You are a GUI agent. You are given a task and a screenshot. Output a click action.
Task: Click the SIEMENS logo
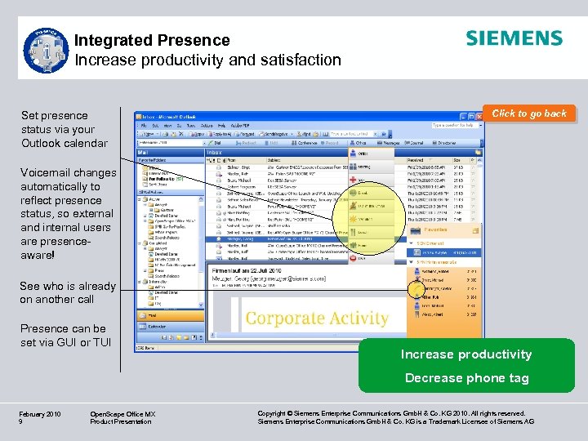pos(514,38)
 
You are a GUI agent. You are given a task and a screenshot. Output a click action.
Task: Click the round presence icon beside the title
pos(46,51)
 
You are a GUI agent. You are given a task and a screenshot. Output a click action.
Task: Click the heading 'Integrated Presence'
pos(152,40)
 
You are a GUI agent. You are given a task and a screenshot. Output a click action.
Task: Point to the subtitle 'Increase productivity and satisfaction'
pos(207,60)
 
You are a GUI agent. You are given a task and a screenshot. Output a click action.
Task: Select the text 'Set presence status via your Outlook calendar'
pos(64,129)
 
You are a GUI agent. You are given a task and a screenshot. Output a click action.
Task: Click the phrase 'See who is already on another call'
pos(68,292)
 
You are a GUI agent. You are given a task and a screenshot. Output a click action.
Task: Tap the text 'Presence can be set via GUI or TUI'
pos(65,335)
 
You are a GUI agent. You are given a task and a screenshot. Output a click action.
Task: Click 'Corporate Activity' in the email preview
pos(317,318)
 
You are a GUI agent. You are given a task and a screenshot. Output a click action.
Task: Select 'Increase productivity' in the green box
pos(465,354)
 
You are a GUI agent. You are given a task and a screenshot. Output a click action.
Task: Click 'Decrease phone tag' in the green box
pos(466,378)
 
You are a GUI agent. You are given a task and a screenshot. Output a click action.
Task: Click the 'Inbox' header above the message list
pos(215,152)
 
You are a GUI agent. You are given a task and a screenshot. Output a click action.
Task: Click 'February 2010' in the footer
pos(39,414)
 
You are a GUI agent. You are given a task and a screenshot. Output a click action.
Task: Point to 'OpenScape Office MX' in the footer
pos(122,414)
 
